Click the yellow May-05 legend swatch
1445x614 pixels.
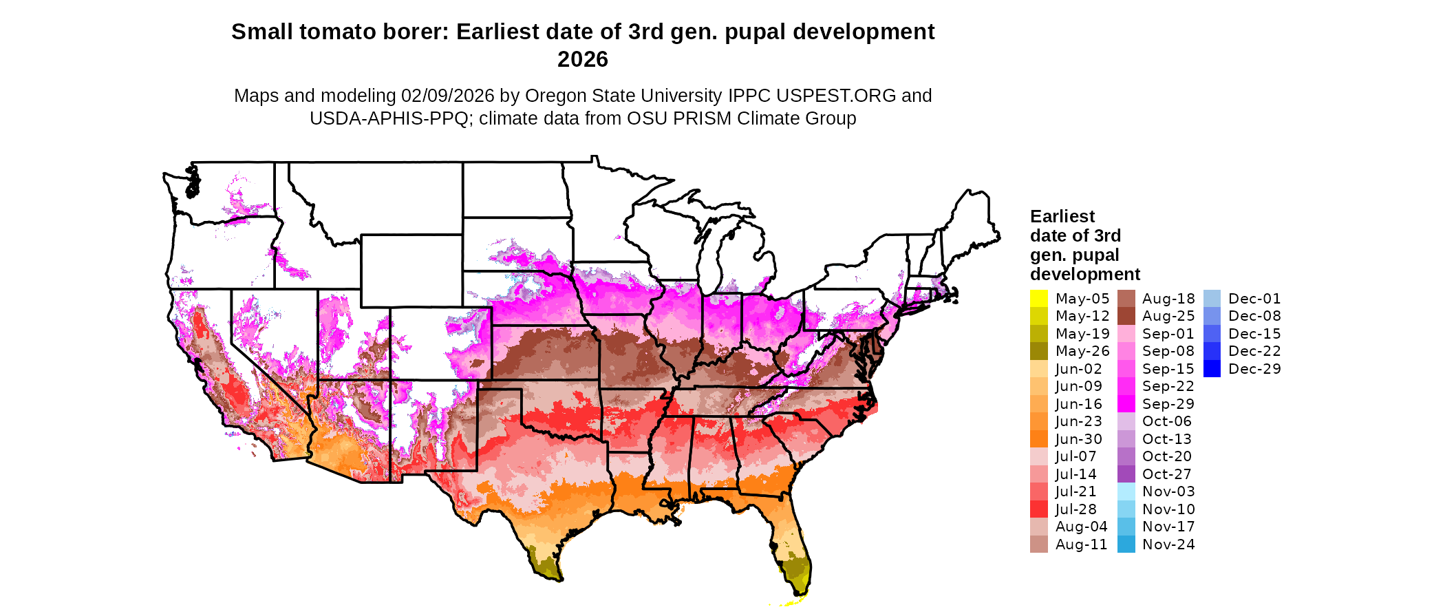coord(1038,299)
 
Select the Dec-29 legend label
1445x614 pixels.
coord(1254,369)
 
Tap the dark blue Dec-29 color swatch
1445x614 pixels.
coord(1212,369)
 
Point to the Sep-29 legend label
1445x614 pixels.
coord(1168,404)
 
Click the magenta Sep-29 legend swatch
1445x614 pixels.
coord(1126,404)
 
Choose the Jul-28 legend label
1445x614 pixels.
coord(1076,509)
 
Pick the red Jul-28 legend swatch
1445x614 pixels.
coord(1038,509)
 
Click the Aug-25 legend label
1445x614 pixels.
coord(1168,316)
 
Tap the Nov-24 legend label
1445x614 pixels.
coord(1168,544)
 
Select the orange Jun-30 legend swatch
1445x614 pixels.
coord(1038,439)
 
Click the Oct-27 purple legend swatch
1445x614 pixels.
coord(1126,474)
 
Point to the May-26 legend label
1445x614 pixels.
coord(1082,351)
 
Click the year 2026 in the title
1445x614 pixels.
coord(583,60)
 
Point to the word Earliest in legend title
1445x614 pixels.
coord(1062,217)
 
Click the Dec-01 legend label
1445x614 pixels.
coord(1254,299)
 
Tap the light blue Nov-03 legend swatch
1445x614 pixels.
coord(1126,491)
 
